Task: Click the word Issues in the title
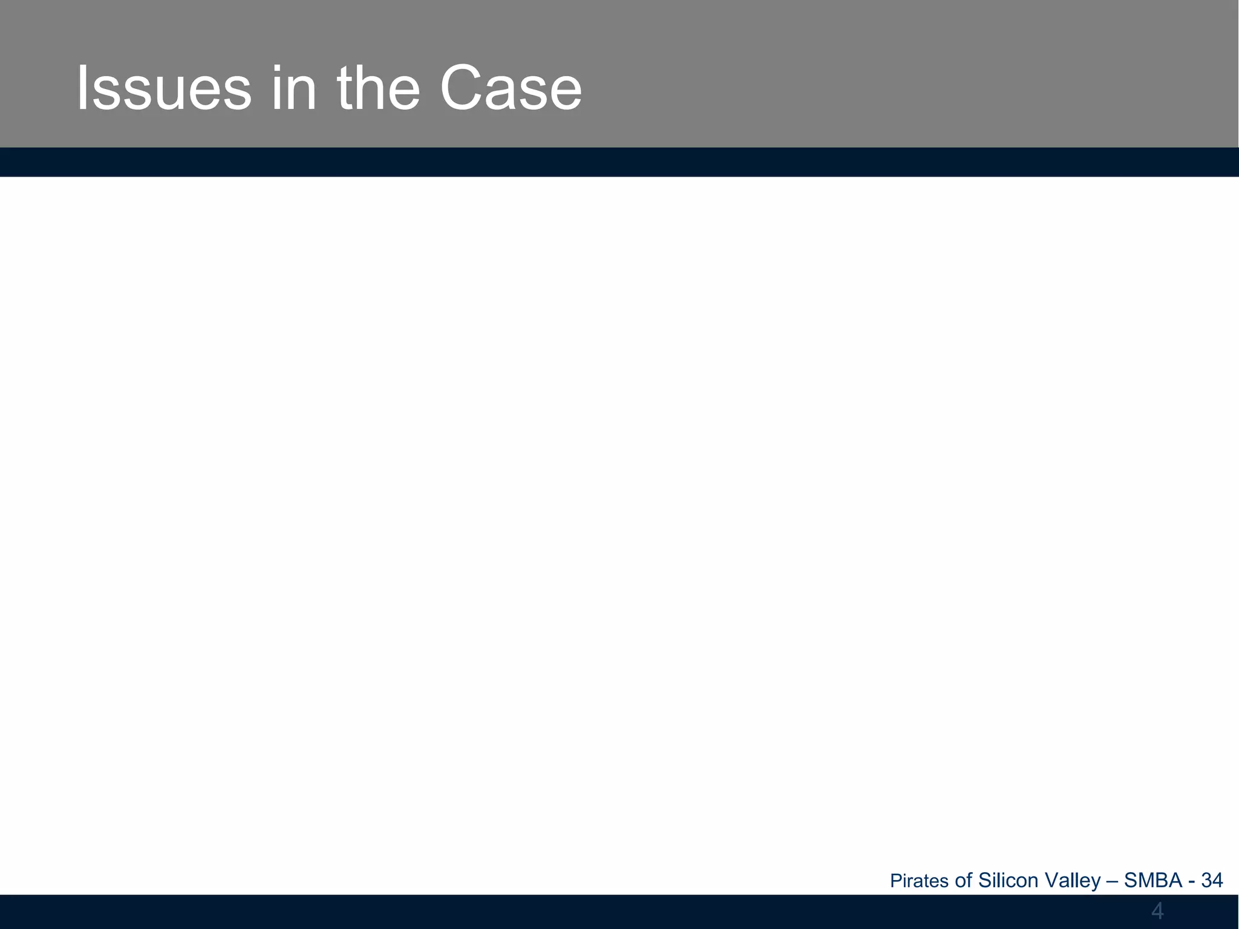pyautogui.click(x=163, y=90)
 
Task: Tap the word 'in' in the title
pyautogui.click(x=293, y=90)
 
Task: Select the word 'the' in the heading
pyautogui.click(x=378, y=90)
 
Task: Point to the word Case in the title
pyautogui.click(x=511, y=90)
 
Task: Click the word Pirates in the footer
pyautogui.click(x=919, y=881)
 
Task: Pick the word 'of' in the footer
pyautogui.click(x=963, y=881)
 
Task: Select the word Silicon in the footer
pyautogui.click(x=1008, y=881)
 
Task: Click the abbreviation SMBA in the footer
pyautogui.click(x=1153, y=881)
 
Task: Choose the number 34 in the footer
pyautogui.click(x=1212, y=881)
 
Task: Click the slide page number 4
pyautogui.click(x=1157, y=910)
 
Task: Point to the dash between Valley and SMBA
pyautogui.click(x=1112, y=881)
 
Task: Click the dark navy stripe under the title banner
pyautogui.click(x=619, y=162)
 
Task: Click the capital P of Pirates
pyautogui.click(x=895, y=881)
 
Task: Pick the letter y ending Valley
pyautogui.click(x=1096, y=882)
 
